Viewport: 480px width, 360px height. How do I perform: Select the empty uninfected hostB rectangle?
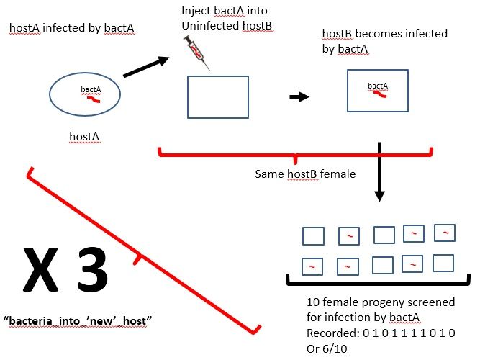pyautogui.click(x=218, y=96)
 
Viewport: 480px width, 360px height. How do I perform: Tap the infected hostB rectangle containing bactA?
pyautogui.click(x=377, y=90)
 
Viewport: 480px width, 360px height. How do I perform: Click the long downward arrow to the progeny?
pyautogui.click(x=380, y=173)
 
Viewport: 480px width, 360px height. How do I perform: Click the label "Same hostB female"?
pyautogui.click(x=304, y=174)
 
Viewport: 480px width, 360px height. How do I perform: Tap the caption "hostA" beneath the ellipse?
pyautogui.click(x=84, y=135)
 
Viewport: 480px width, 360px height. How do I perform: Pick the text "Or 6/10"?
pyautogui.click(x=326, y=348)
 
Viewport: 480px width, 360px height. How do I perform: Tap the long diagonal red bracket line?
pyautogui.click(x=144, y=252)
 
